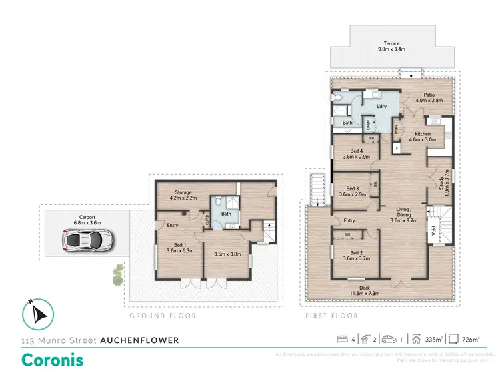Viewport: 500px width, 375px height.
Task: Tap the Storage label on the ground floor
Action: coord(178,194)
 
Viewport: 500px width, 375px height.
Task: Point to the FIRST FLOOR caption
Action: coord(331,316)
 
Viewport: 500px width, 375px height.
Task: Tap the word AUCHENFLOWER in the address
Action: coord(139,340)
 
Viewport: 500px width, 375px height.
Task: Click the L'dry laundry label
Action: coord(381,106)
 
